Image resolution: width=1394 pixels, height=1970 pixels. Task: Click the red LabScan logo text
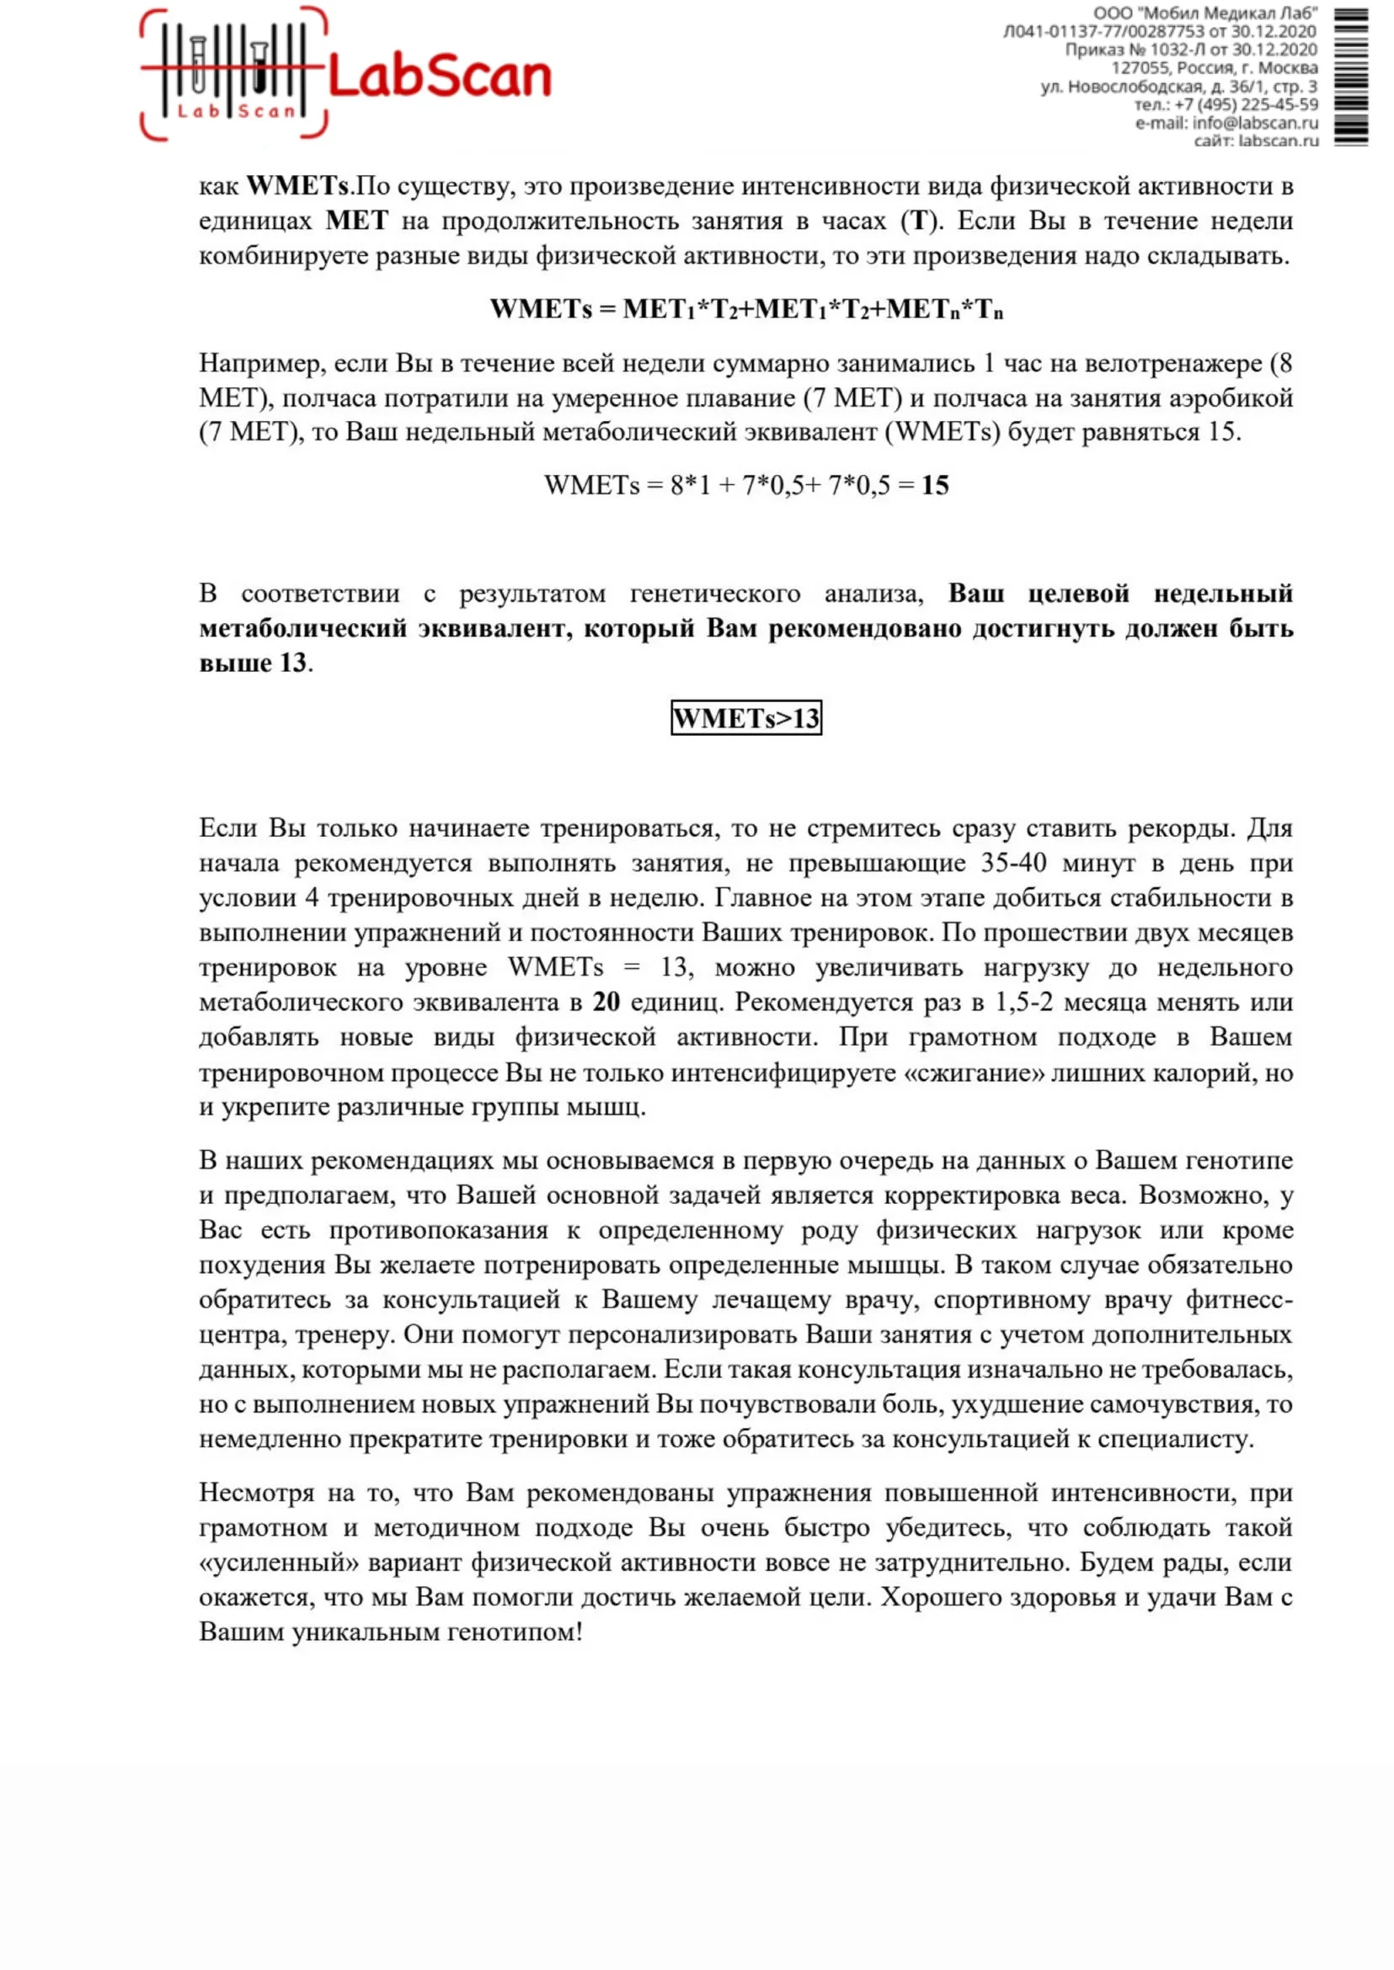pos(439,78)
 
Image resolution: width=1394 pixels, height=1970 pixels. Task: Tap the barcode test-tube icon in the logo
pos(232,72)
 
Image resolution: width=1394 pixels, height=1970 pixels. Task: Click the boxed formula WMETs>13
pos(746,718)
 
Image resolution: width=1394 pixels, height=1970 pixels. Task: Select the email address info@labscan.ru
pos(1255,123)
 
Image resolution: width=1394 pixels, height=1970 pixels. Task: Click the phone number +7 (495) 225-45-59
pos(1246,104)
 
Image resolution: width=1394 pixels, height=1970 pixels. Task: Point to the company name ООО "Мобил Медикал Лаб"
pos(1205,13)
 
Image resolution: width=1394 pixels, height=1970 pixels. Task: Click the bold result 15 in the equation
pos(935,486)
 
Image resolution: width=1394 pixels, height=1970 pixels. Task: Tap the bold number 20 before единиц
pos(606,1002)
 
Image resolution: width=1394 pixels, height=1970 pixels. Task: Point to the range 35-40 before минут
pos(1014,863)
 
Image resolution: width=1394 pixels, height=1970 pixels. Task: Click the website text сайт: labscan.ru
pos(1256,141)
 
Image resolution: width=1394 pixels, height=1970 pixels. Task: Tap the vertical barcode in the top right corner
pos(1351,77)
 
